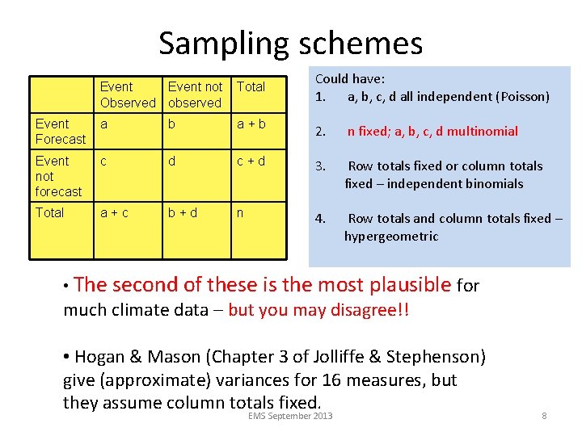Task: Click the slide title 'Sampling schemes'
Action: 290,43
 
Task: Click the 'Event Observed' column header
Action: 128,94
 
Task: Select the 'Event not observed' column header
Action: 195,94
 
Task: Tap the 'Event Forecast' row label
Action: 61,132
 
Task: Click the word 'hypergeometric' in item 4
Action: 391,237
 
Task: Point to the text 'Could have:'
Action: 350,79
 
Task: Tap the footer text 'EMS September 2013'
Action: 291,416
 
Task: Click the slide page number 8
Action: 544,416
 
